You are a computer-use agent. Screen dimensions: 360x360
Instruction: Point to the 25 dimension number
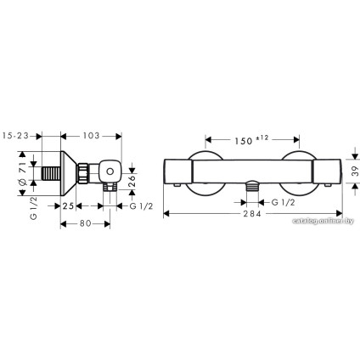67,205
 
